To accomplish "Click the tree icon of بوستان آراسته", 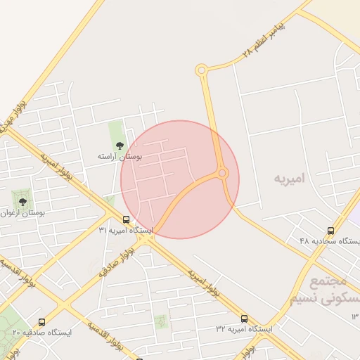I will click(x=119, y=146).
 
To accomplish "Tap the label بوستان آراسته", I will click(x=119, y=157).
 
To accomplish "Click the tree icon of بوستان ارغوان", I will click(x=22, y=202).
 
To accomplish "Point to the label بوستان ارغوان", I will click(x=23, y=212).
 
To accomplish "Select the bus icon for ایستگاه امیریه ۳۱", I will click(x=126, y=219).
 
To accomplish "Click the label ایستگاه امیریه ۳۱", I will click(x=125, y=230).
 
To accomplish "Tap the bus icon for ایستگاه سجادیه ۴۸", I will click(x=330, y=231).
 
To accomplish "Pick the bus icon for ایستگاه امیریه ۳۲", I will click(x=244, y=319).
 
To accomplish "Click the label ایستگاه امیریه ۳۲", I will click(x=243, y=329).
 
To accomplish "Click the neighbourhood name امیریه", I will click(x=290, y=179).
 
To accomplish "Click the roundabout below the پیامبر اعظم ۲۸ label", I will click(x=202, y=70).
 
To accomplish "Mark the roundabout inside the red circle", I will click(x=222, y=172).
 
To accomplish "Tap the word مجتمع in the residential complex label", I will click(x=328, y=282).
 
